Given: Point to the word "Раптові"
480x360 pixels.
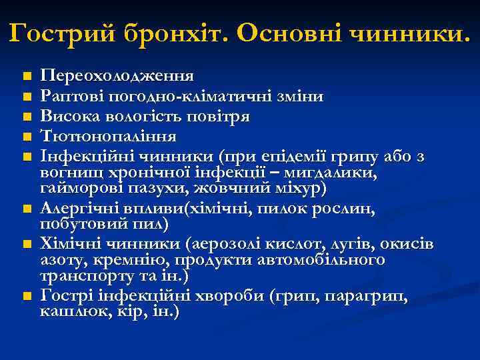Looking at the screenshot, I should point(69,96).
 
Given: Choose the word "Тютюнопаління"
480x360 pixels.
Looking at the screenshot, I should point(109,137).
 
